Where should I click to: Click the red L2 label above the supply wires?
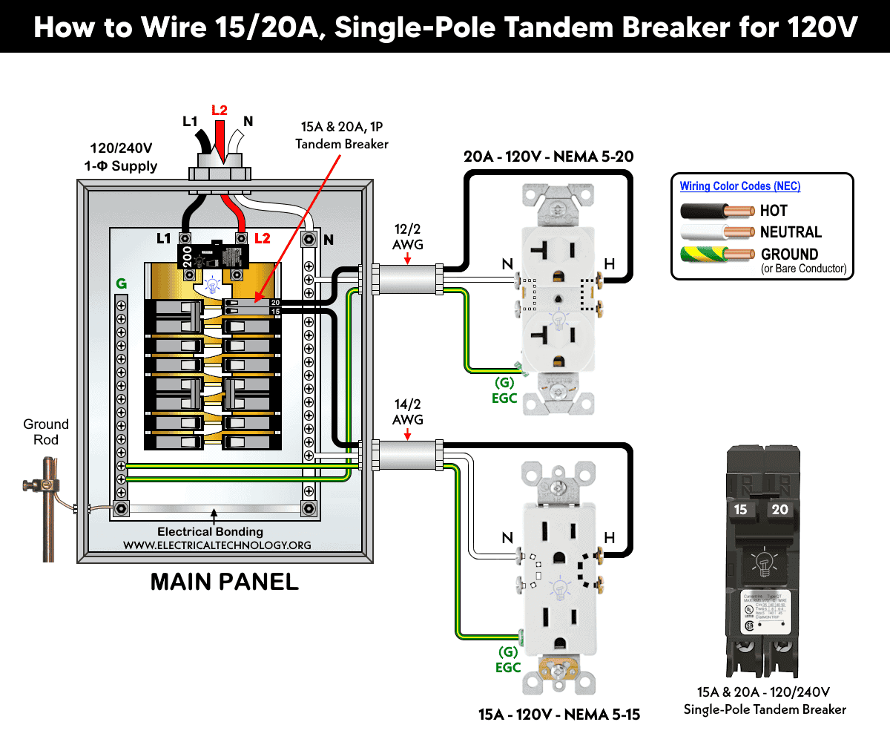pyautogui.click(x=219, y=111)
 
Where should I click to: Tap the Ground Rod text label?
pyautogui.click(x=46, y=432)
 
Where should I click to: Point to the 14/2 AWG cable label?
pyautogui.click(x=407, y=412)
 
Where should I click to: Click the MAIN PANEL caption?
pyautogui.click(x=224, y=582)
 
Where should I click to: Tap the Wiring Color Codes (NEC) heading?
pyautogui.click(x=740, y=187)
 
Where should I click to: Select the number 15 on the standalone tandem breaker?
pyautogui.click(x=740, y=510)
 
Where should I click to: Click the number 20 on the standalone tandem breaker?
pyautogui.click(x=779, y=510)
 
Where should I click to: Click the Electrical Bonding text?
pyautogui.click(x=210, y=531)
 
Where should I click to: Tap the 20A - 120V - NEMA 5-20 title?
pyautogui.click(x=548, y=157)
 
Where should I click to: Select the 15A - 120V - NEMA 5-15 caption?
pyautogui.click(x=558, y=715)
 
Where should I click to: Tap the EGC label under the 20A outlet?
pyautogui.click(x=504, y=398)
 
